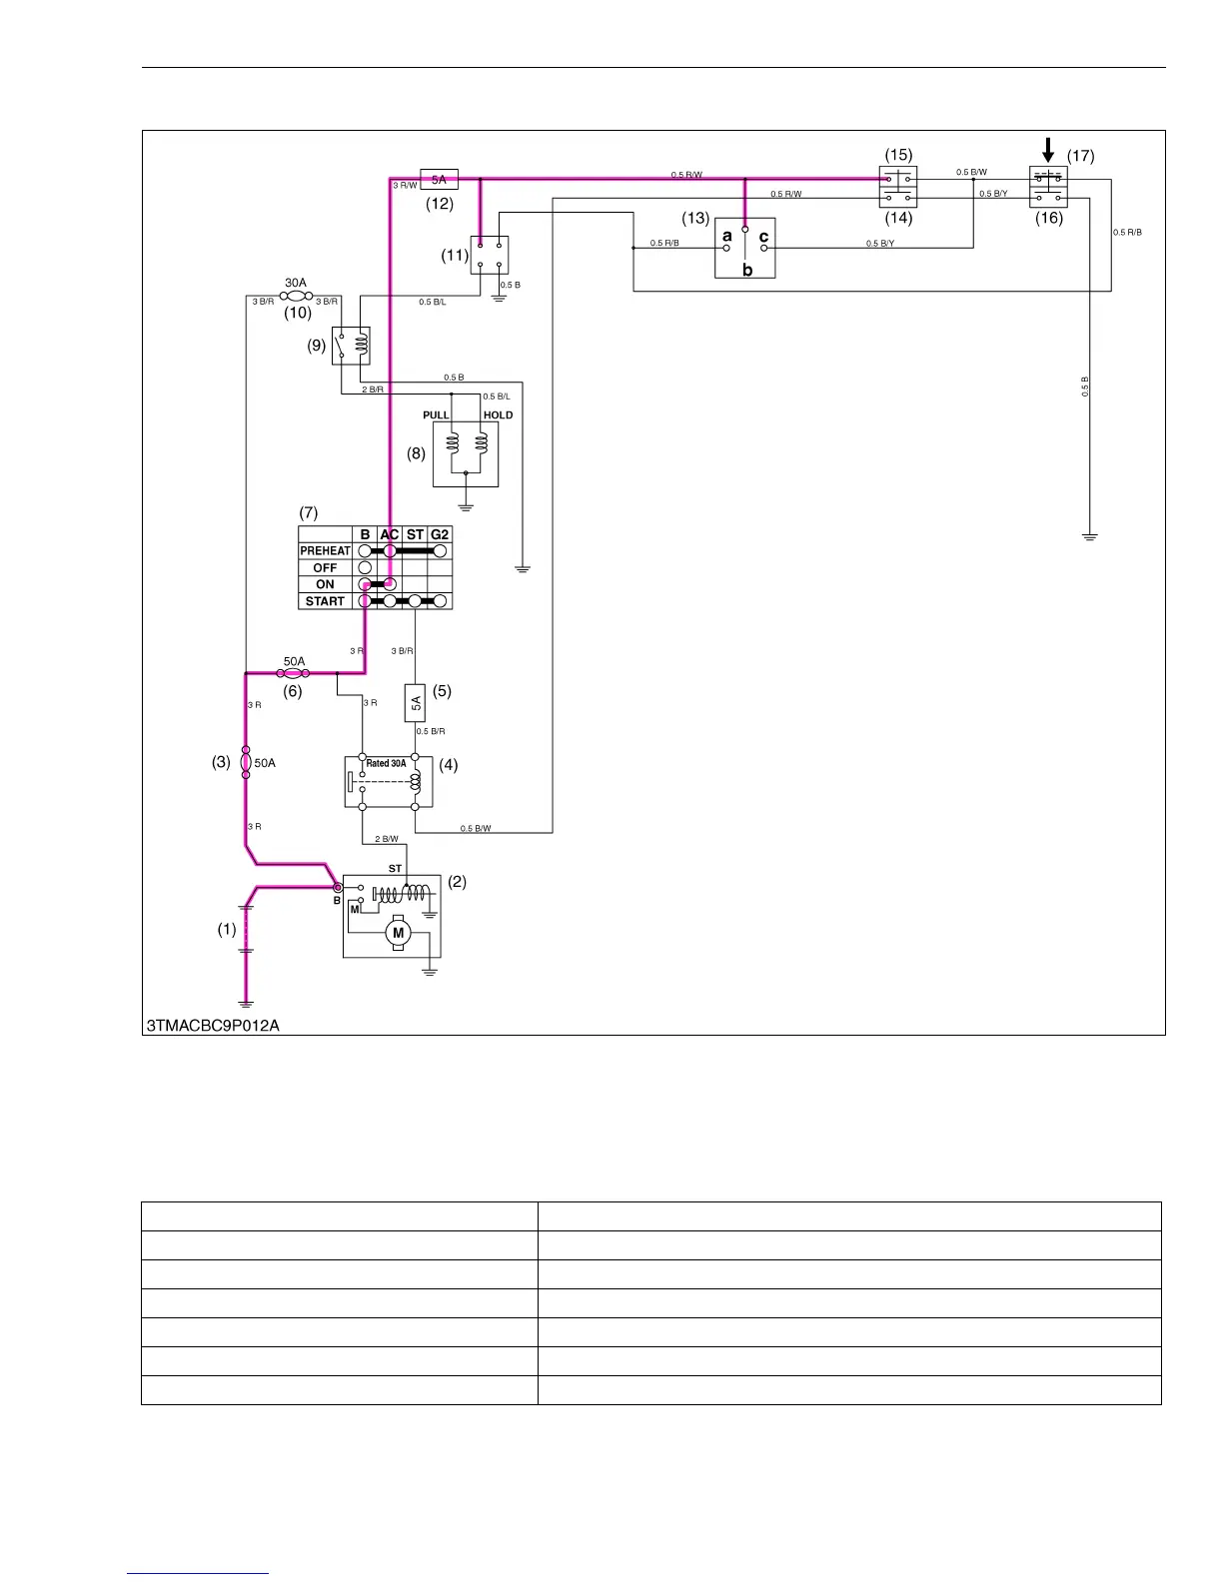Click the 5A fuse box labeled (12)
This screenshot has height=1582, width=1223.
point(440,180)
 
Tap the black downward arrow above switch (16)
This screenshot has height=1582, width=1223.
point(1047,151)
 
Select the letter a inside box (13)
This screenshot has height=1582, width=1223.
point(727,237)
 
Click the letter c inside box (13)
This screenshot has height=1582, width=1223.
point(763,237)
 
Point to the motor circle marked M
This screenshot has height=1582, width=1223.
point(398,933)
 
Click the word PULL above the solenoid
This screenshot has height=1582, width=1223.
point(436,415)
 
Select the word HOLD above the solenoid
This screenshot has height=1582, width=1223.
point(498,415)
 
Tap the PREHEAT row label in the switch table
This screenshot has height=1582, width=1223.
point(325,550)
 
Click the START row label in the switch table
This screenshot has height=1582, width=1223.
point(325,601)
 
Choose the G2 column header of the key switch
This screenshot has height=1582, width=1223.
point(440,534)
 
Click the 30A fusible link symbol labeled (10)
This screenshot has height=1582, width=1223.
point(296,296)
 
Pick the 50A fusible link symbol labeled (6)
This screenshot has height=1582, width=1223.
point(293,674)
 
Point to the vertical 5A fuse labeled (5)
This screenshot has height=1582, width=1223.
point(416,703)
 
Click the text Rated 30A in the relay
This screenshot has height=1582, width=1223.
point(386,764)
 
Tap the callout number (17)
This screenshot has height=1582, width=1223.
point(1080,156)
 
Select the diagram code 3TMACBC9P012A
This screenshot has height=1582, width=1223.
point(213,1026)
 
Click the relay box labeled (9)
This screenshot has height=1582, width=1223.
point(351,346)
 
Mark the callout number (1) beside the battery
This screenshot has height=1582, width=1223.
point(227,930)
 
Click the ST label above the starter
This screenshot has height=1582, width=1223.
point(395,869)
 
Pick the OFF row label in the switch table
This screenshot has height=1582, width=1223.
point(325,567)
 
